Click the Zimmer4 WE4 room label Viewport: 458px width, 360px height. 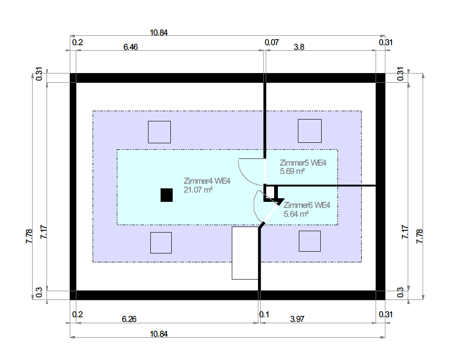(x=207, y=181)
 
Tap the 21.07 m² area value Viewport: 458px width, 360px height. (x=198, y=189)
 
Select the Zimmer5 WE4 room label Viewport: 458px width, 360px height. (x=303, y=163)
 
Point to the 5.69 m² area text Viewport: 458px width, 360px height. (x=292, y=171)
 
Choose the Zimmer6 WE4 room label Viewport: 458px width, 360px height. (x=307, y=205)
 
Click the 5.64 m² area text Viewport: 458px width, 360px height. (x=296, y=214)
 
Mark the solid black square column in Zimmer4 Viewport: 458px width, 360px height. (x=167, y=195)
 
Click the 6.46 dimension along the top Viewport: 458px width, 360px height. (x=131, y=47)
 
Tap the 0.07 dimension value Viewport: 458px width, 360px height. (x=272, y=43)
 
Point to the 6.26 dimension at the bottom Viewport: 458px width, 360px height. (x=130, y=319)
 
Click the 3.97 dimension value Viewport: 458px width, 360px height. (x=297, y=319)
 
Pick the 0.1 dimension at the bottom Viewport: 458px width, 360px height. (x=264, y=314)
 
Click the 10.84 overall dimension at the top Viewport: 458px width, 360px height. (x=159, y=33)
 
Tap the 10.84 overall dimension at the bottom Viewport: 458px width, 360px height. (x=159, y=334)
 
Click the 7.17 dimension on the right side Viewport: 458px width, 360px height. (x=405, y=233)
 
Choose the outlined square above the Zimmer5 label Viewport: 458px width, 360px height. (x=310, y=131)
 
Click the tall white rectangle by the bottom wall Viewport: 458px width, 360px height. (x=245, y=253)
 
